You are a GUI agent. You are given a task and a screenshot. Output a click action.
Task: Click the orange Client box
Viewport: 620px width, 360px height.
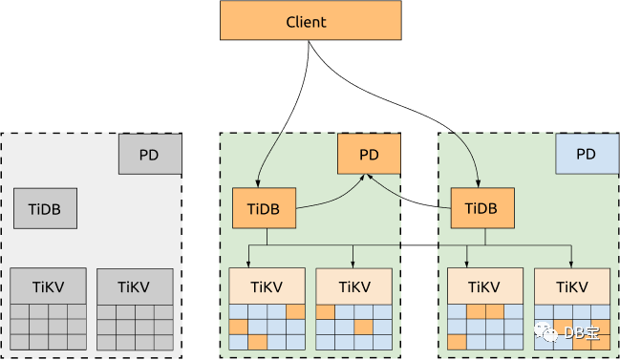click(310, 20)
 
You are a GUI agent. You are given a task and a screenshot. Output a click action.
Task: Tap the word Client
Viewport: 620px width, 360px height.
click(306, 22)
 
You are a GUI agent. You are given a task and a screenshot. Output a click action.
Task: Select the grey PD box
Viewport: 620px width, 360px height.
click(150, 154)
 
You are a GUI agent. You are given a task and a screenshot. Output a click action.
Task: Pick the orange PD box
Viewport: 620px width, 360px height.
click(369, 154)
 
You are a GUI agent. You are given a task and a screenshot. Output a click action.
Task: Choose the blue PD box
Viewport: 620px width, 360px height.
click(588, 154)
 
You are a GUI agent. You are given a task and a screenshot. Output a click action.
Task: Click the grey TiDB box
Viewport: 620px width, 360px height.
click(46, 208)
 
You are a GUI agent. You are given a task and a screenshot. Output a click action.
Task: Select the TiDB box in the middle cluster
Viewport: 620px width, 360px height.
click(264, 208)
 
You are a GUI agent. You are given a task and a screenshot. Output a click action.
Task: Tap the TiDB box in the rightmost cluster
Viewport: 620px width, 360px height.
click(482, 208)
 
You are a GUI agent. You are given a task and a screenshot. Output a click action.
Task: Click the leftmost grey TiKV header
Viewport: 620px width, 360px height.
click(48, 286)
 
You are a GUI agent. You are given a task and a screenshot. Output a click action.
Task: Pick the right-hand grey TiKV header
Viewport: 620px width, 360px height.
click(135, 286)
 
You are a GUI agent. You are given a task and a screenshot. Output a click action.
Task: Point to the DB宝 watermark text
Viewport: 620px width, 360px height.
click(582, 333)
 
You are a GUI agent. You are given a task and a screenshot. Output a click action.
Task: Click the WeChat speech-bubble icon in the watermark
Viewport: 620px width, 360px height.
click(546, 332)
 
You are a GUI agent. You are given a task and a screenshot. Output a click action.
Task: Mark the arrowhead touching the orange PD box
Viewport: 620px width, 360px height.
click(367, 177)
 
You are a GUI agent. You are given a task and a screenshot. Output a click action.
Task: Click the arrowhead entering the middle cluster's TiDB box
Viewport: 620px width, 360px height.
click(258, 184)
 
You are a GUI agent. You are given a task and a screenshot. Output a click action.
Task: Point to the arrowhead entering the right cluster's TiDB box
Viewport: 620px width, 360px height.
click(478, 184)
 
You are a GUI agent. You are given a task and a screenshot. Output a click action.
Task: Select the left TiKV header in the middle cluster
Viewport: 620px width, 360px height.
click(267, 286)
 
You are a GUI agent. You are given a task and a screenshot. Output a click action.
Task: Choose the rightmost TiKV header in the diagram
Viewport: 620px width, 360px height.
click(572, 286)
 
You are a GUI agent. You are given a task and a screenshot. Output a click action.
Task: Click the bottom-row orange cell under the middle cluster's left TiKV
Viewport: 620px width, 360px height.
click(257, 342)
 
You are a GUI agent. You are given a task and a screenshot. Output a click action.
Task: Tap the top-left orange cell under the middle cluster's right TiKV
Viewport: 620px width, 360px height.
click(326, 312)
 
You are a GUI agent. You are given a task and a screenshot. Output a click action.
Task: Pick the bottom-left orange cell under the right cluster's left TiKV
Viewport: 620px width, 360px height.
click(457, 342)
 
